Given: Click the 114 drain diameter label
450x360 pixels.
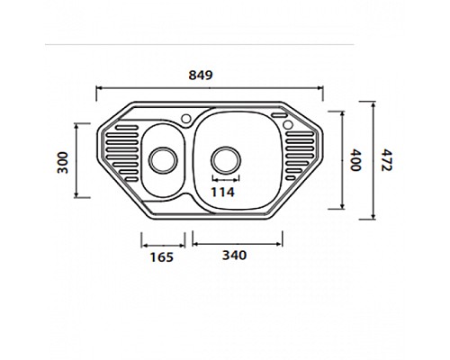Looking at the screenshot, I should [222, 192].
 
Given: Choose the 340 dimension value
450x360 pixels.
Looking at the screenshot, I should [232, 256].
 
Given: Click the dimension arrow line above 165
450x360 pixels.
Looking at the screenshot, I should [163, 240].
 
